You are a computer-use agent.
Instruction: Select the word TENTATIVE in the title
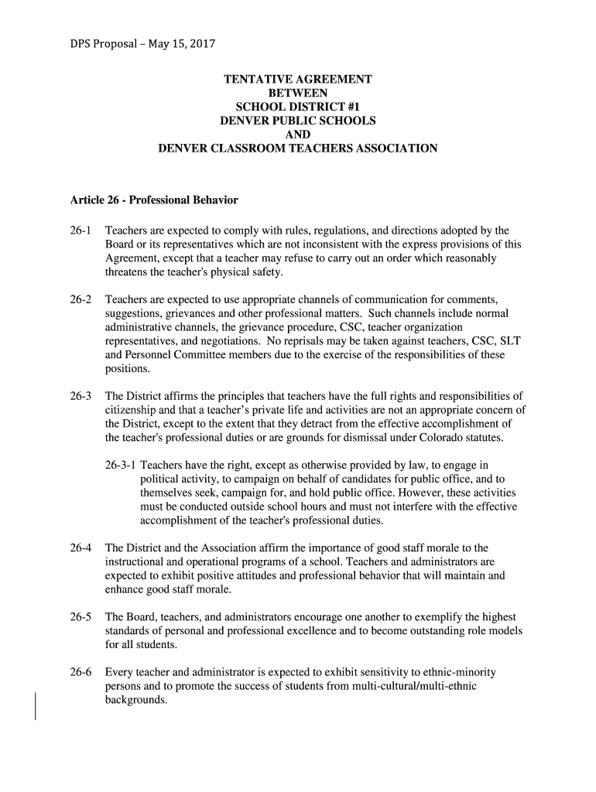click(x=259, y=80)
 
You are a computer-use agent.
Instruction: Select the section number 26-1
click(x=80, y=231)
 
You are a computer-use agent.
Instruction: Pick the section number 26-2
click(x=80, y=299)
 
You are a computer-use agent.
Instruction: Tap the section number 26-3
click(x=80, y=397)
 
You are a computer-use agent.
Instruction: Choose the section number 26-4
click(x=80, y=548)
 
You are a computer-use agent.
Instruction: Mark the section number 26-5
click(x=80, y=617)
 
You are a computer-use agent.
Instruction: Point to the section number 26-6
click(x=80, y=672)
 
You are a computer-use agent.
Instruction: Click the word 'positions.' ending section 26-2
click(x=128, y=369)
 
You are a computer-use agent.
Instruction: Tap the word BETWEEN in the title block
click(x=298, y=94)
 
